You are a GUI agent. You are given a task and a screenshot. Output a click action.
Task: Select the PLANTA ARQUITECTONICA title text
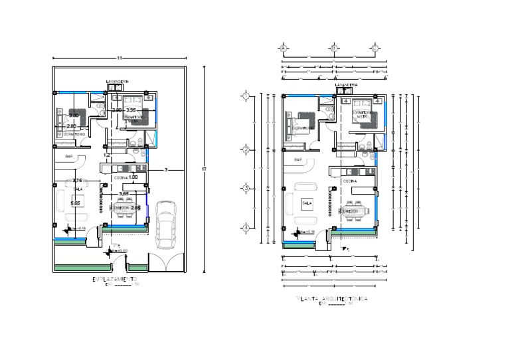pyautogui.click(x=332, y=300)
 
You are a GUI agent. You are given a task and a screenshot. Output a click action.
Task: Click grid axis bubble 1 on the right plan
pyautogui.click(x=246, y=96)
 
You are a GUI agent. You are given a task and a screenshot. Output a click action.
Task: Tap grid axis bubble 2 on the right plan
pyautogui.click(x=246, y=150)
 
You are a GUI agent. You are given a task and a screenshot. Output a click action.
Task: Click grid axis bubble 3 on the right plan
pyautogui.click(x=246, y=189)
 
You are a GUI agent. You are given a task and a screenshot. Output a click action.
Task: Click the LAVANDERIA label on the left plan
pyautogui.click(x=116, y=82)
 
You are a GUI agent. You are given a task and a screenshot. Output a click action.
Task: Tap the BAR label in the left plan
pyautogui.click(x=68, y=156)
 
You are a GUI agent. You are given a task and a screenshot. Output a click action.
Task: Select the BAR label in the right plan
pyautogui.click(x=298, y=160)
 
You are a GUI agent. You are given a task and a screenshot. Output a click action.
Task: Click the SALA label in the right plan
pyautogui.click(x=307, y=203)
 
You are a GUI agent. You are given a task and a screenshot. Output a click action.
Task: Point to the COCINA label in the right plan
pyautogui.click(x=350, y=181)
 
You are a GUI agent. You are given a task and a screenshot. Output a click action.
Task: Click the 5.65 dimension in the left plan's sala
pyautogui.click(x=76, y=203)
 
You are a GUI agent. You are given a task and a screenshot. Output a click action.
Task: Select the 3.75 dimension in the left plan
pyautogui.click(x=77, y=181)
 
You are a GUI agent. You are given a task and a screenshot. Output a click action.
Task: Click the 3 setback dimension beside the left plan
pyautogui.click(x=165, y=171)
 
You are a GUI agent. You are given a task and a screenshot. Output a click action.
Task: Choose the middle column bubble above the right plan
pyautogui.click(x=334, y=48)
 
